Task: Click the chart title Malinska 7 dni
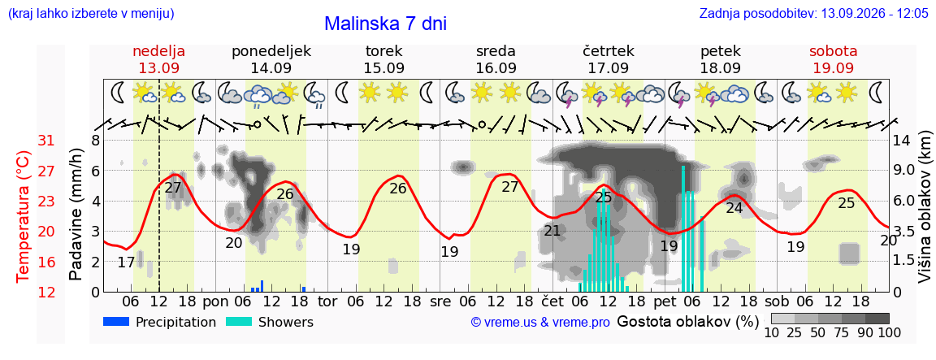[386, 24]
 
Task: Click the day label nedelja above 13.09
[158, 50]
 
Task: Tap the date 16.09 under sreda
[496, 67]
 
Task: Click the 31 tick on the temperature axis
[46, 141]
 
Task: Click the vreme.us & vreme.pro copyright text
[540, 323]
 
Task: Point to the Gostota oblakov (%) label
[687, 322]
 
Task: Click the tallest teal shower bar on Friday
[683, 228]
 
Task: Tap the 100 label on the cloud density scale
[889, 332]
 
